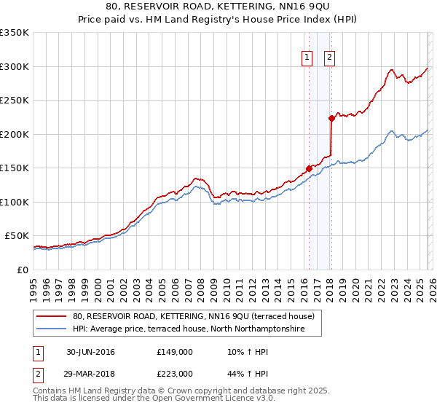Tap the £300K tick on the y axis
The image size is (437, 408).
[15, 66]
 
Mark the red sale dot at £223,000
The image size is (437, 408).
[331, 118]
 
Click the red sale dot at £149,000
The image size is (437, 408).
[309, 168]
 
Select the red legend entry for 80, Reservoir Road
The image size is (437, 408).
[193, 316]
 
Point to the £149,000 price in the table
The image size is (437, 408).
[174, 352]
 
